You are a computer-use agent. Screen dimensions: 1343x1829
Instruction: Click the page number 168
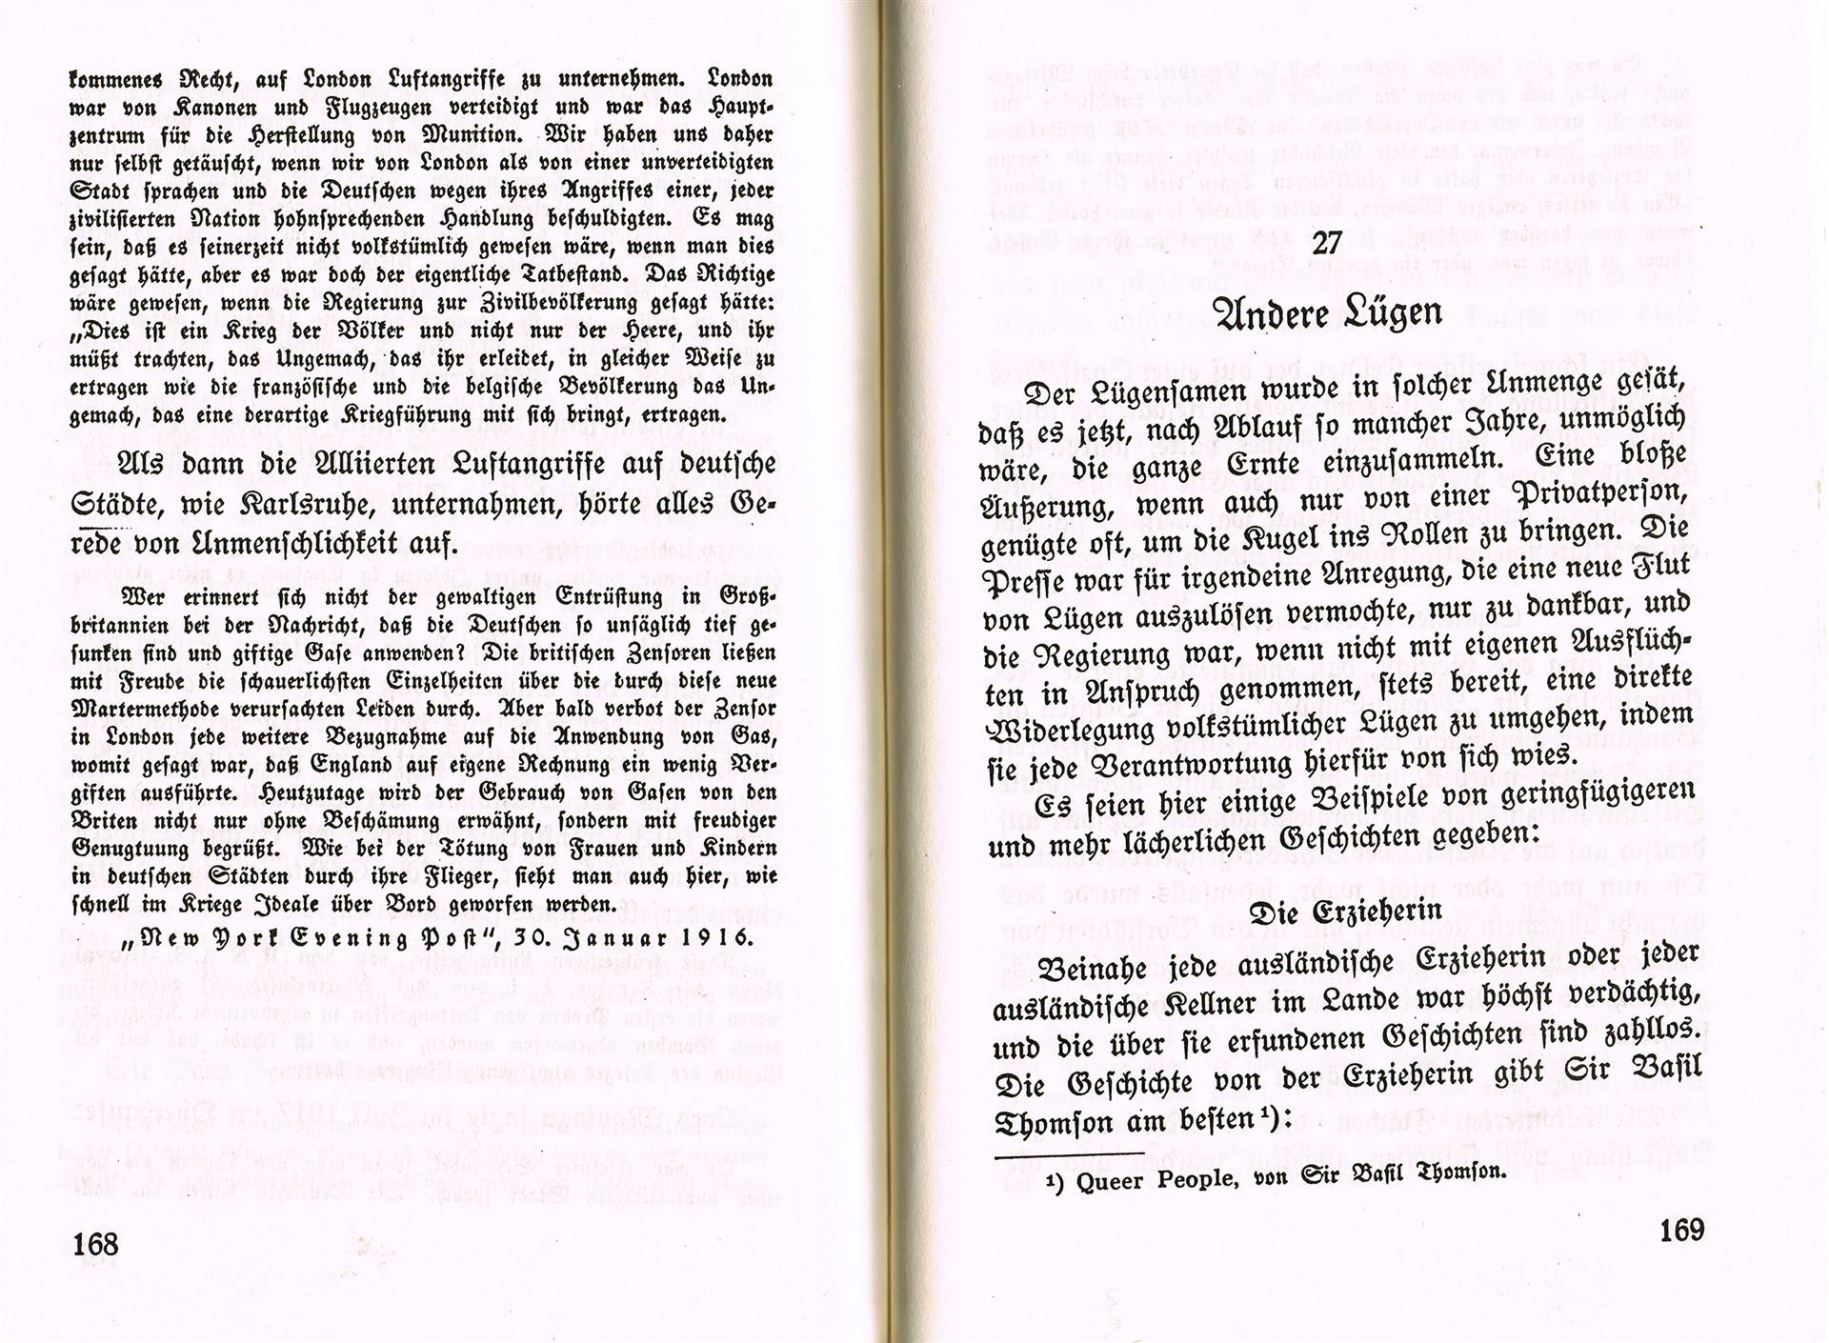[x=94, y=1243]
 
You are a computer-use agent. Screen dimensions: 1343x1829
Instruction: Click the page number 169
[x=1681, y=1231]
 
